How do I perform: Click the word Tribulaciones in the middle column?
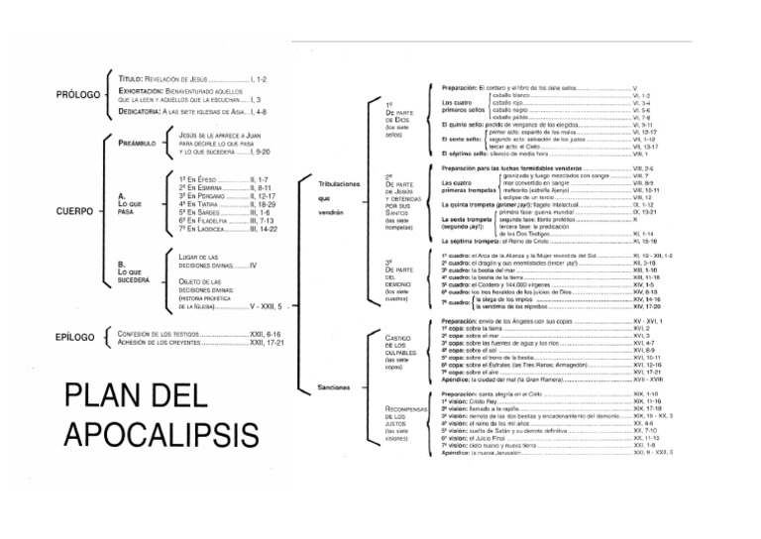pyautogui.click(x=340, y=184)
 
